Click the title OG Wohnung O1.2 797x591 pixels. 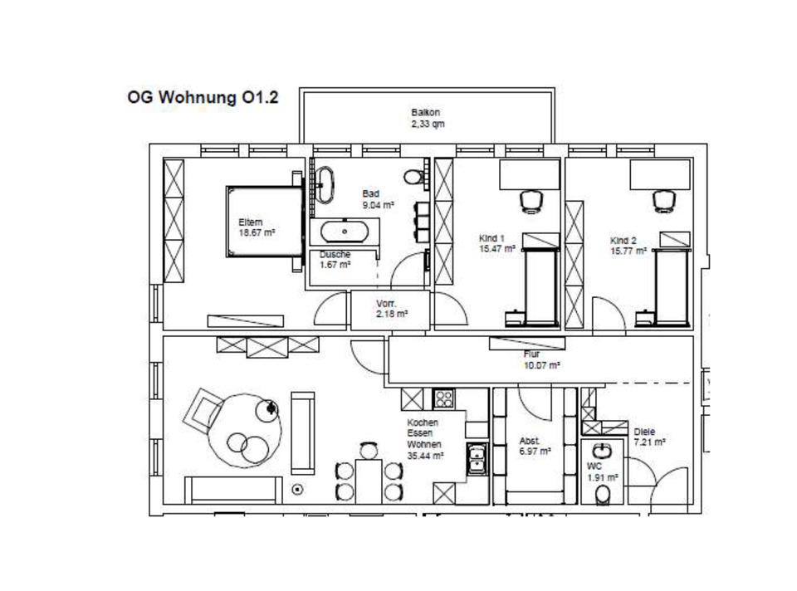[203, 97]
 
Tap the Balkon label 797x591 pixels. [425, 112]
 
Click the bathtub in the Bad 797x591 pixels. [345, 232]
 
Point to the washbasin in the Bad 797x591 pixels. [325, 185]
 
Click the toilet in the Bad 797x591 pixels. [413, 177]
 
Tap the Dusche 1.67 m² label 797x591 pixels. [335, 260]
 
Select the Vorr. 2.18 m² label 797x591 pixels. [391, 309]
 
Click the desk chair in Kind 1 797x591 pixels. [531, 201]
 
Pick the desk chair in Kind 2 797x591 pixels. [664, 201]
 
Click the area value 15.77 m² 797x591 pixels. [628, 251]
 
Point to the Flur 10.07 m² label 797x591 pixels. [541, 359]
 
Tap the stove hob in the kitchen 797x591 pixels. [443, 398]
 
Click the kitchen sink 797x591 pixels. [477, 459]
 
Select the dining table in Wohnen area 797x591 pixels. [369, 481]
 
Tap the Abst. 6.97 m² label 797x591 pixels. [535, 447]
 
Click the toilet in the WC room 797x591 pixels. [603, 495]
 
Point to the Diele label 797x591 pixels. [644, 432]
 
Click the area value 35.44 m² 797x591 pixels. [425, 456]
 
